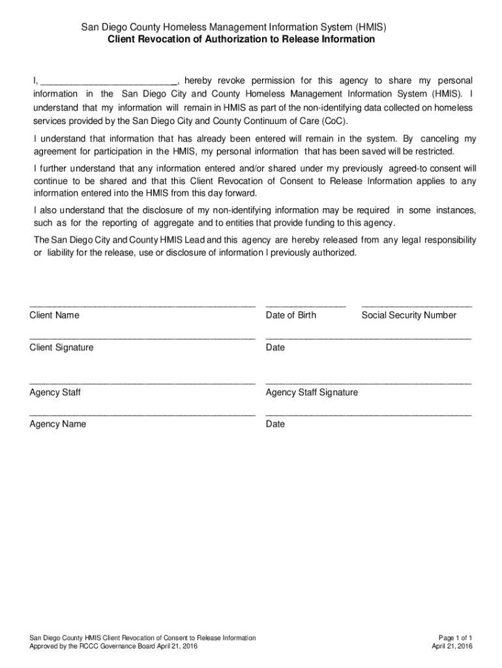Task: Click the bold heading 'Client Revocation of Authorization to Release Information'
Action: pyautogui.click(x=241, y=39)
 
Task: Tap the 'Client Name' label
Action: pyautogui.click(x=54, y=315)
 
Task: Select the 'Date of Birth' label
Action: pyautogui.click(x=291, y=315)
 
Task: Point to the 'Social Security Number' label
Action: pyautogui.click(x=409, y=315)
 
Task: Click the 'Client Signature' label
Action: pyautogui.click(x=61, y=348)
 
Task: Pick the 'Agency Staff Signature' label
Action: pyautogui.click(x=312, y=393)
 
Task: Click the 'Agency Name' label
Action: pyautogui.click(x=57, y=424)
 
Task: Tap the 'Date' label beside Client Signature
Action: pyautogui.click(x=275, y=348)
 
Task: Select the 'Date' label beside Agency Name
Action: pyautogui.click(x=275, y=424)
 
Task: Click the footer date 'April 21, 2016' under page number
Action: pyautogui.click(x=452, y=646)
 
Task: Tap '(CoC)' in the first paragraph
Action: pyautogui.click(x=332, y=122)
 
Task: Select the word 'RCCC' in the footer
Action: pyautogui.click(x=91, y=646)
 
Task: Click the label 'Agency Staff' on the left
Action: pyautogui.click(x=55, y=393)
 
